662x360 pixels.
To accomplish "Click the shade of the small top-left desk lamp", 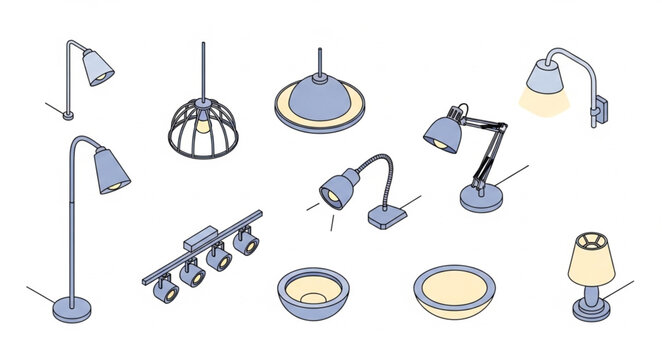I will (97, 67).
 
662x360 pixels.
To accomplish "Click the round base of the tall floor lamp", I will (71, 303).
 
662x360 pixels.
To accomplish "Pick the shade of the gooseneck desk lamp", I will (337, 188).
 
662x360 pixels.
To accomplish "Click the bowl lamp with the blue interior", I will (313, 291).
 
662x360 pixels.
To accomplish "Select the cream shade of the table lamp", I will (590, 260).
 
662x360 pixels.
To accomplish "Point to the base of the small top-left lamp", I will (68, 115).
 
